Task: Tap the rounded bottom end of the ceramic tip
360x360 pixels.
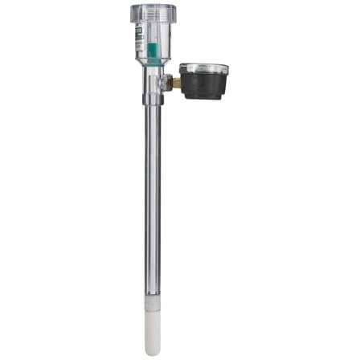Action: [153, 351]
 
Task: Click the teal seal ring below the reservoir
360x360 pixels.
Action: [153, 65]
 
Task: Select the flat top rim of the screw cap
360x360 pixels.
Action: [153, 6]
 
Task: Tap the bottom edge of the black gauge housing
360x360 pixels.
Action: [202, 98]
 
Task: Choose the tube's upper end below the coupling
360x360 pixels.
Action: [153, 112]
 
